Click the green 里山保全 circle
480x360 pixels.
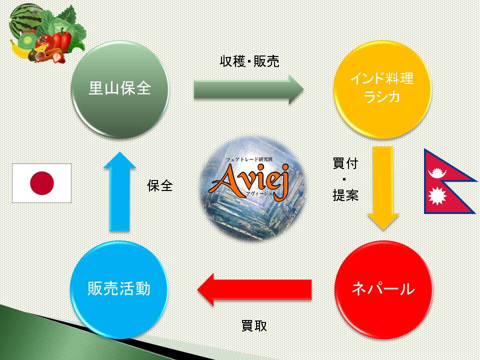120,89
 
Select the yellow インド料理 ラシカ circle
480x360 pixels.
382,89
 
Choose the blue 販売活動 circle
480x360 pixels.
119,289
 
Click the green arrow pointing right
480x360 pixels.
248,89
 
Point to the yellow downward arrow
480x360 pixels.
382,188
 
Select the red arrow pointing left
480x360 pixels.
254,289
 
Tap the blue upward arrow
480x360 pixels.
119,191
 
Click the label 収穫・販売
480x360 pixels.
249,61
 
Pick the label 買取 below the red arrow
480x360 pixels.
254,326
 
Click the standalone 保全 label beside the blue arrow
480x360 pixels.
160,185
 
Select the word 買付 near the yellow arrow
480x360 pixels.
345,163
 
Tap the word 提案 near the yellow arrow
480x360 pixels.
345,195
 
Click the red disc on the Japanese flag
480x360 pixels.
42,183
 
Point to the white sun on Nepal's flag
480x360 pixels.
436,196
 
